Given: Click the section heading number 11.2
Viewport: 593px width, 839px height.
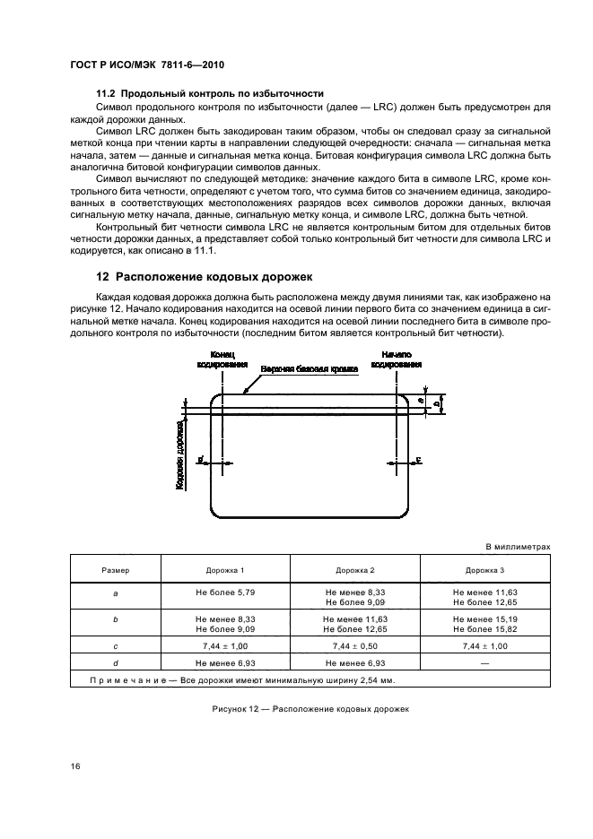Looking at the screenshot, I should click(x=105, y=93).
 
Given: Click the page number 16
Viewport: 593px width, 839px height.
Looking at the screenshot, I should click(x=74, y=766).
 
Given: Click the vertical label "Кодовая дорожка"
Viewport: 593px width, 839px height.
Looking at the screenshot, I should click(x=180, y=456).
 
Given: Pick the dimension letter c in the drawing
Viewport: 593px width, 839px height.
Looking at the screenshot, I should click(x=419, y=461).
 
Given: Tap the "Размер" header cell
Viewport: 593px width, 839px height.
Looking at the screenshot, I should click(x=115, y=570).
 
